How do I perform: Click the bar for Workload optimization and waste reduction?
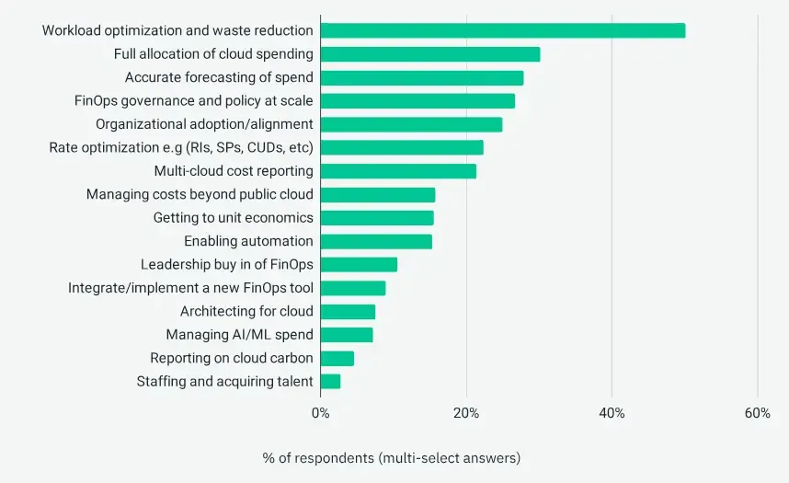[x=503, y=30]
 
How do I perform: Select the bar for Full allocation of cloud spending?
[x=430, y=54]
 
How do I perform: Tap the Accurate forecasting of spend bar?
[x=422, y=77]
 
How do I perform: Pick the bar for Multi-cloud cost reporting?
[x=398, y=171]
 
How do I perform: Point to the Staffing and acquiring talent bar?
[x=331, y=381]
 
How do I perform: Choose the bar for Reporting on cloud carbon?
[x=337, y=358]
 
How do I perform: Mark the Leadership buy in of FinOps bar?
[x=359, y=265]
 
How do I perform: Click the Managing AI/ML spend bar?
[x=347, y=335]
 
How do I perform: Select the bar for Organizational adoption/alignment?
[x=411, y=124]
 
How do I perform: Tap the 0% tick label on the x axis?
[x=321, y=414]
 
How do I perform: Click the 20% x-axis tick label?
[x=466, y=414]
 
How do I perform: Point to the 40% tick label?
[x=612, y=414]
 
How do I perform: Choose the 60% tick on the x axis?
[x=757, y=414]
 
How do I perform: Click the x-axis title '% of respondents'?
[x=392, y=457]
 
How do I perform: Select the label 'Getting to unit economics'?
[x=233, y=218]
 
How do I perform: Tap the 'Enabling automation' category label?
[x=248, y=241]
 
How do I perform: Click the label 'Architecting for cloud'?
[x=246, y=311]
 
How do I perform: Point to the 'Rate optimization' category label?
[x=181, y=147]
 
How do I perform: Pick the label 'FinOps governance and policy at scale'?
[x=194, y=100]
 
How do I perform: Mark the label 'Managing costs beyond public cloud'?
[x=200, y=194]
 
